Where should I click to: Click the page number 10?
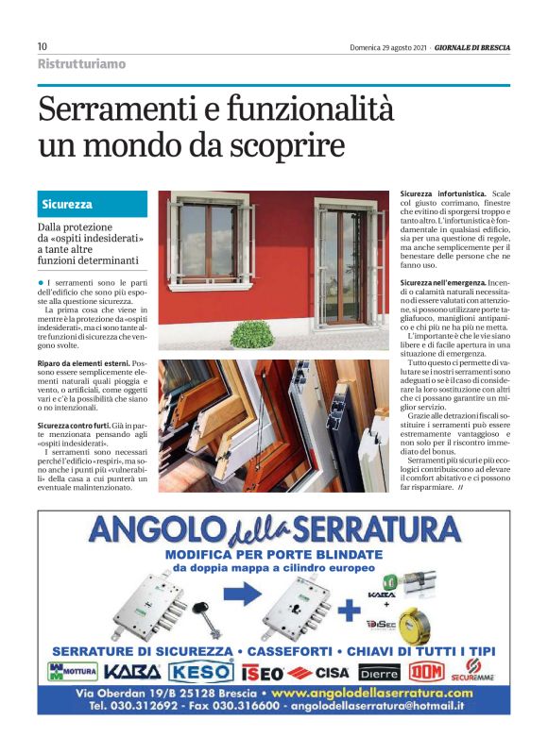(x=42, y=46)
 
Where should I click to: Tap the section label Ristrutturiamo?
(x=81, y=64)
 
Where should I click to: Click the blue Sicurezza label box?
(x=93, y=204)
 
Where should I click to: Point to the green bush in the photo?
(x=252, y=332)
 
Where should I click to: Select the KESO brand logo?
(x=200, y=672)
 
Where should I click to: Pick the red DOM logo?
(x=427, y=672)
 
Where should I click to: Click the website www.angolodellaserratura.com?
(x=375, y=693)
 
